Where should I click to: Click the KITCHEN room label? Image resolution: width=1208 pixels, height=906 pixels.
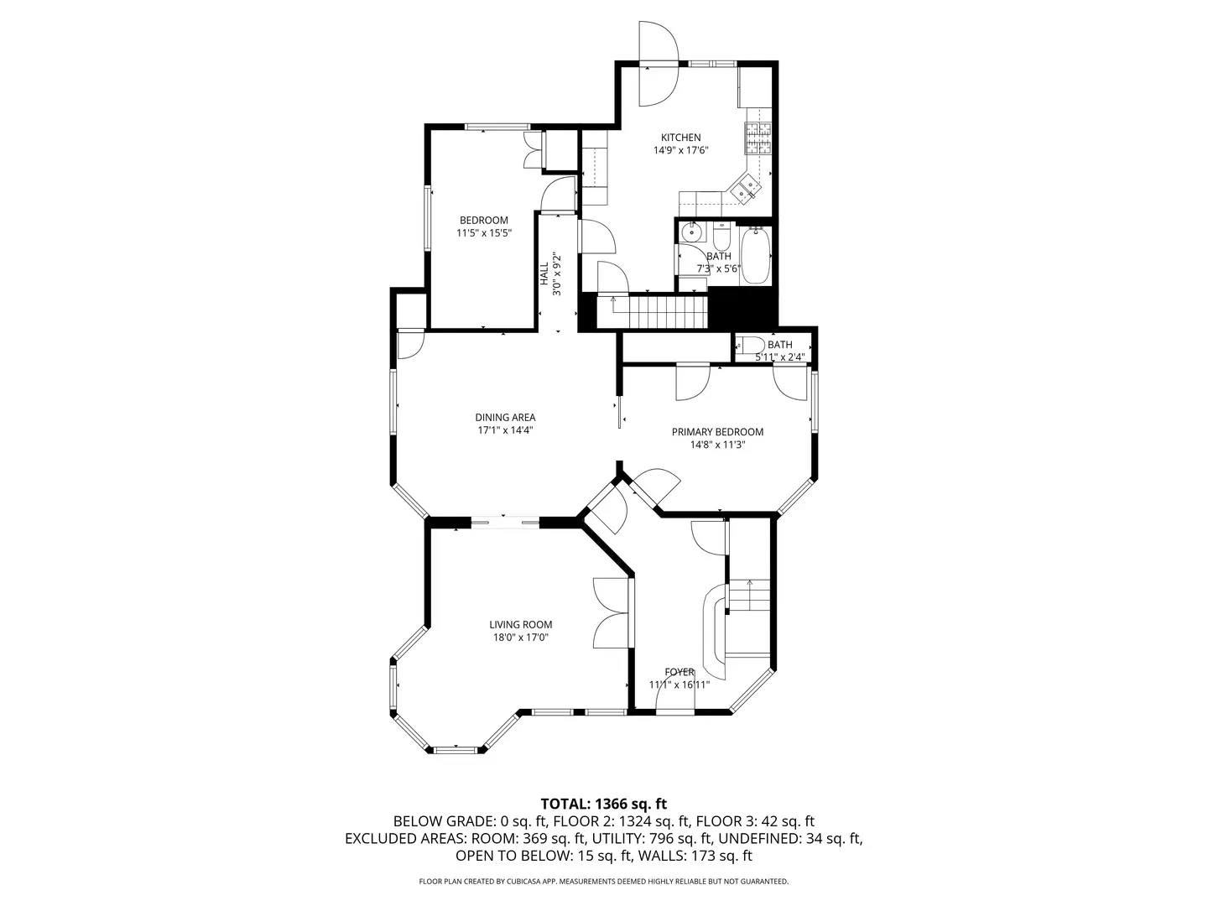click(x=680, y=138)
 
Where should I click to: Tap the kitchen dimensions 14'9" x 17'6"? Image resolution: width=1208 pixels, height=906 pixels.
click(x=681, y=151)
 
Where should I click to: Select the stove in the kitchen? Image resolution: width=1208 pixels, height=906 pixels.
click(x=758, y=138)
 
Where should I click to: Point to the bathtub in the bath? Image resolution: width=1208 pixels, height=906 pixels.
click(x=755, y=255)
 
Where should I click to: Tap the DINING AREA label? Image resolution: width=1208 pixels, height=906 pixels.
click(x=505, y=417)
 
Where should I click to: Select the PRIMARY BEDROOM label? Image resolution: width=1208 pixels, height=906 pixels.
click(x=717, y=432)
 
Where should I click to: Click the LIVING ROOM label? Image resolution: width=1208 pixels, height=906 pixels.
click(x=521, y=624)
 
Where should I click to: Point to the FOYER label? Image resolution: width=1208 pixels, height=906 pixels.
click(x=679, y=672)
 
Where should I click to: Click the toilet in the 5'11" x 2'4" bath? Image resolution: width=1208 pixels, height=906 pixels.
click(x=748, y=345)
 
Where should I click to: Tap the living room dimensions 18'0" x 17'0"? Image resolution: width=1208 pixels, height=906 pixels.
click(x=521, y=638)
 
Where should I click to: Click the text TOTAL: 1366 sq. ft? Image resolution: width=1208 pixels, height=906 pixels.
click(x=604, y=804)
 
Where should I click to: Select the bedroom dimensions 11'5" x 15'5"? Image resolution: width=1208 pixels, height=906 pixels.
click(x=483, y=234)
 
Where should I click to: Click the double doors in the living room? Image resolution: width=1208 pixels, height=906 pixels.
click(x=611, y=612)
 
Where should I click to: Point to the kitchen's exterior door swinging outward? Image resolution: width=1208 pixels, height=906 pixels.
click(x=657, y=42)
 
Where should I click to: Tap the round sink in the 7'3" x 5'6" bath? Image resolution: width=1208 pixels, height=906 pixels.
click(x=692, y=232)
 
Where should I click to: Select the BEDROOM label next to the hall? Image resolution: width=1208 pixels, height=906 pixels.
click(x=483, y=221)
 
